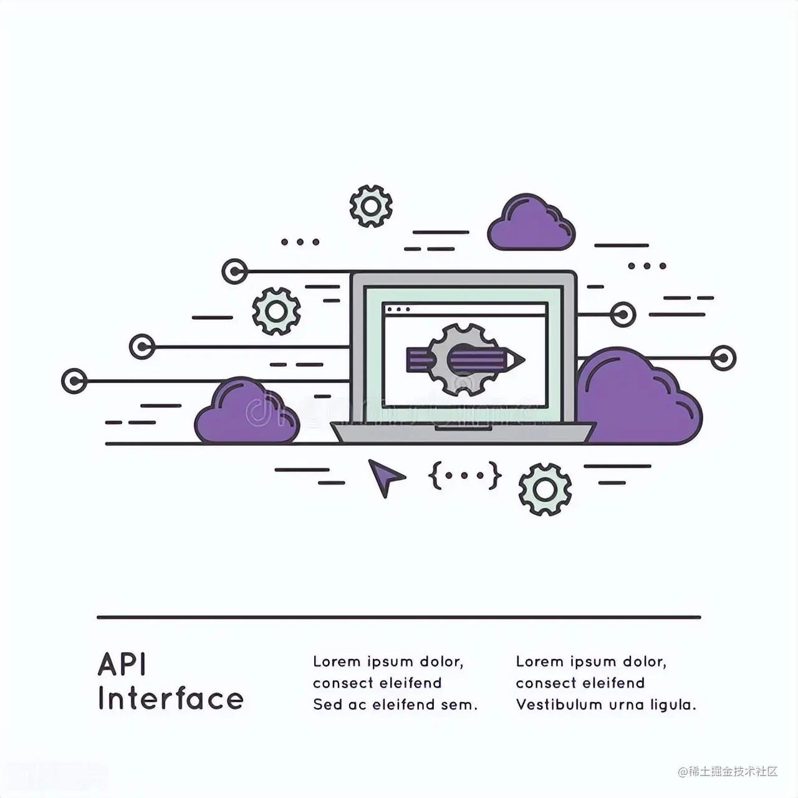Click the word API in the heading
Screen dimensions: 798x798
pyautogui.click(x=122, y=665)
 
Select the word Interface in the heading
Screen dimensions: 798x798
pyautogui.click(x=170, y=699)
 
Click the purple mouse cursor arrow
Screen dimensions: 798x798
pyautogui.click(x=385, y=477)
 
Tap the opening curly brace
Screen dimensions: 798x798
pyautogui.click(x=435, y=475)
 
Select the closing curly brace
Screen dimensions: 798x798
pyautogui.click(x=495, y=475)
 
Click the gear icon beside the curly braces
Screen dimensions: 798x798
pyautogui.click(x=545, y=489)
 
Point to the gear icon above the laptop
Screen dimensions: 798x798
pyautogui.click(x=371, y=206)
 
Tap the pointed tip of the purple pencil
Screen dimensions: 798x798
pyautogui.click(x=519, y=360)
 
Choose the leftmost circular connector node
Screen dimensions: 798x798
pyautogui.click(x=74, y=380)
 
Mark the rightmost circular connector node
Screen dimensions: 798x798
pyautogui.click(x=723, y=358)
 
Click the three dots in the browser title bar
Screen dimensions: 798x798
pyautogui.click(x=399, y=309)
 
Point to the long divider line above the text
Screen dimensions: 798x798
pyautogui.click(x=399, y=617)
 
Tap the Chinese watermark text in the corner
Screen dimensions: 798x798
pyautogui.click(x=728, y=771)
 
